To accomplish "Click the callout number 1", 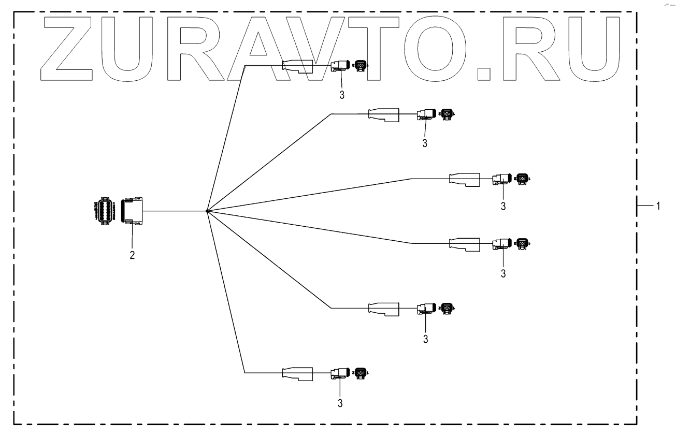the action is [x=658, y=206].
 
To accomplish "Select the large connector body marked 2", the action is [x=133, y=211].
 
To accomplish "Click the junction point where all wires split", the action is [x=207, y=211].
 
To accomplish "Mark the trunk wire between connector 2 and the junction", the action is [x=174, y=211].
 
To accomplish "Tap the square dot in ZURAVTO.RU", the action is [x=485, y=72].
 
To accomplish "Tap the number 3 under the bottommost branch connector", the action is [x=340, y=402].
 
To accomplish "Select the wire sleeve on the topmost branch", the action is [x=298, y=66].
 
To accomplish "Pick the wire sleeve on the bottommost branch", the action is [x=298, y=373].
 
